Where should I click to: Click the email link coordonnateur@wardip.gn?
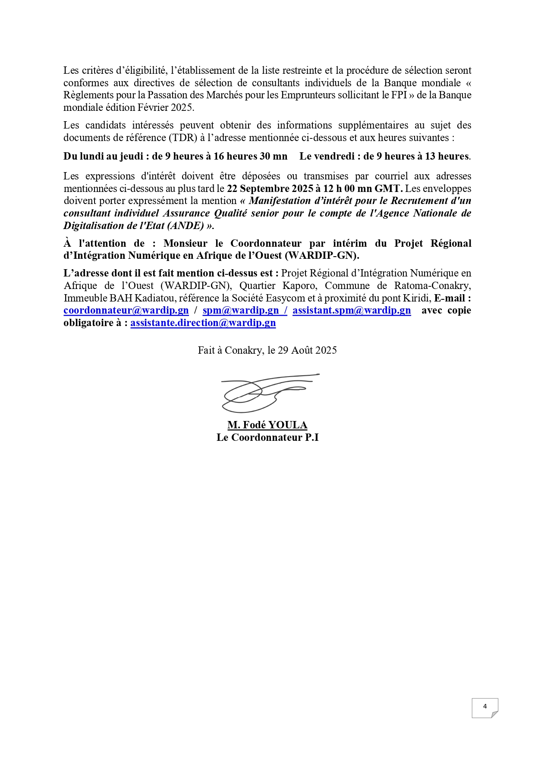[x=126, y=311]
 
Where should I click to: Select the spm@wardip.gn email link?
[x=240, y=311]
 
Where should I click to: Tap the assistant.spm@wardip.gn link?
[x=352, y=311]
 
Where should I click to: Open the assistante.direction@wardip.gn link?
[x=203, y=323]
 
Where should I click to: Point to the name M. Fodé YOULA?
[x=267, y=425]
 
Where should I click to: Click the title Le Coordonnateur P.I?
[x=267, y=438]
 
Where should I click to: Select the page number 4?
[x=485, y=707]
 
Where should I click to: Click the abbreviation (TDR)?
[x=183, y=138]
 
